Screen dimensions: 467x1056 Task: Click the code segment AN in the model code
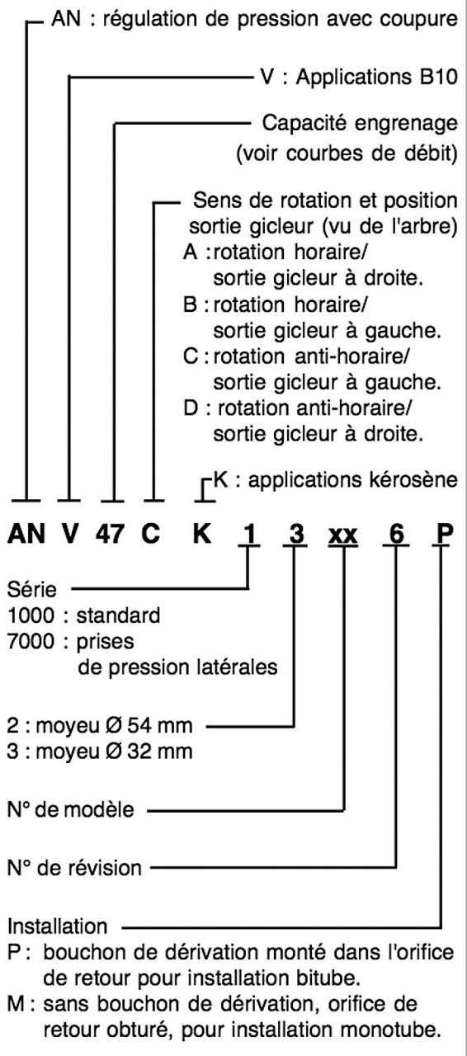click(26, 534)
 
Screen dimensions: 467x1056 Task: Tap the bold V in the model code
click(69, 534)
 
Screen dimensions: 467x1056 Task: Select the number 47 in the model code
click(111, 534)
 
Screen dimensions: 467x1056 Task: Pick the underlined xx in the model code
click(343, 535)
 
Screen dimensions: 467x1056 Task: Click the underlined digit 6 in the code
click(396, 534)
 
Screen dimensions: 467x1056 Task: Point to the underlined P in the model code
click(444, 534)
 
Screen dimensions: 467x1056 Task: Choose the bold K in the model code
click(202, 534)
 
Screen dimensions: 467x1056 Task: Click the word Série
click(32, 589)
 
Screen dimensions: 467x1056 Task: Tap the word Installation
click(58, 926)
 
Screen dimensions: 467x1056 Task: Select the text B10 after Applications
click(439, 78)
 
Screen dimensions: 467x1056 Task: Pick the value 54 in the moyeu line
click(139, 725)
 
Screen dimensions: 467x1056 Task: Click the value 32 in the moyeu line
click(139, 751)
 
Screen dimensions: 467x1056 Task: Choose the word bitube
click(329, 978)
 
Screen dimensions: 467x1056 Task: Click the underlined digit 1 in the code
click(249, 534)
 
